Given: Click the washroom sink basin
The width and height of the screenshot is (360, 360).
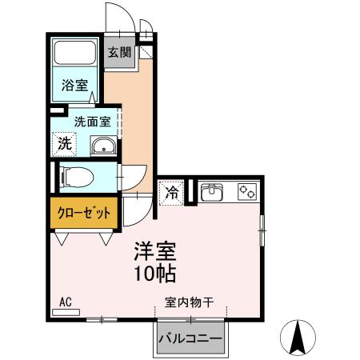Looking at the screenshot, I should pos(102,146).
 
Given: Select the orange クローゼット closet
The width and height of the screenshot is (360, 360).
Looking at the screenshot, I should pos(84,214).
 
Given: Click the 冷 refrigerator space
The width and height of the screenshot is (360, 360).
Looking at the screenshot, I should pos(171,192).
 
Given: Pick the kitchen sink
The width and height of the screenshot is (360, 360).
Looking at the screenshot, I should pos(212,192).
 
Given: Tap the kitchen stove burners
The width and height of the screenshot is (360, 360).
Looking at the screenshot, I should pos(247,192).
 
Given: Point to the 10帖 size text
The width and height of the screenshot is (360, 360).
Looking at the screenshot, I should pos(154,272).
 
